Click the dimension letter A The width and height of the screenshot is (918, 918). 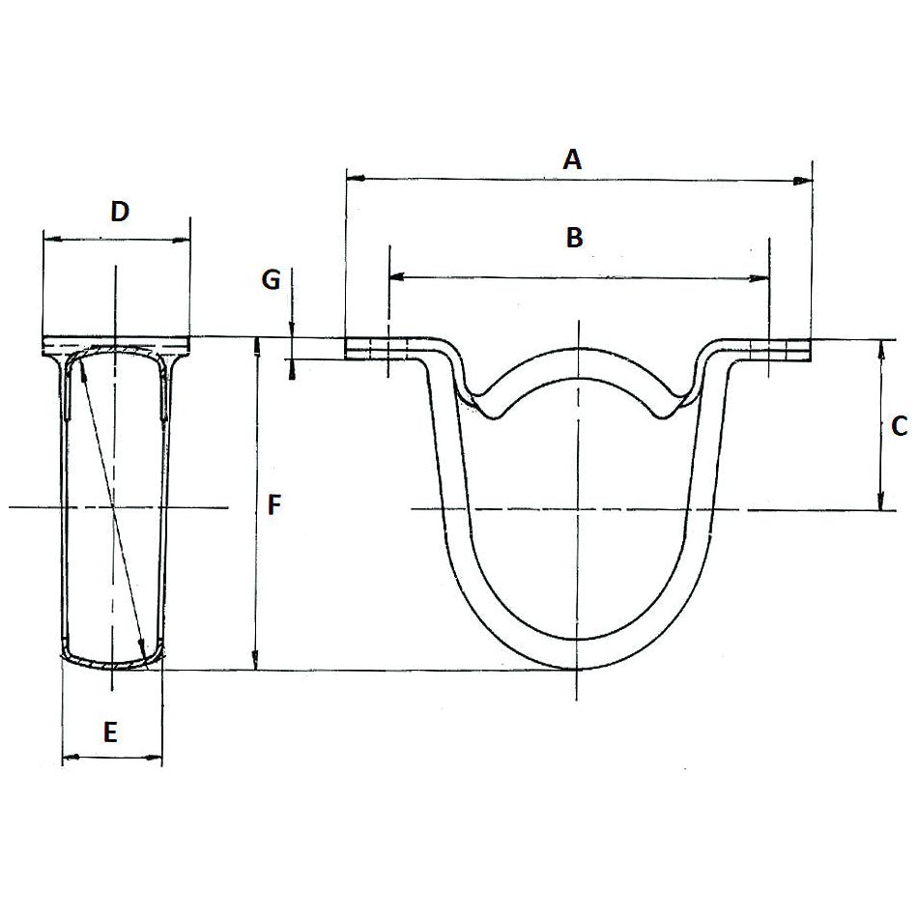(573, 159)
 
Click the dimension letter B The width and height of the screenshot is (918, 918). (574, 238)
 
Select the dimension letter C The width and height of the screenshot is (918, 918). (898, 425)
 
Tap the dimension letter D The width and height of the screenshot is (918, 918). (119, 212)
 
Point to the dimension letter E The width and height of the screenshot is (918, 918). (110, 732)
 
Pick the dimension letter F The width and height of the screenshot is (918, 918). (274, 504)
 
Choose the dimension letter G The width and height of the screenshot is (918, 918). (271, 280)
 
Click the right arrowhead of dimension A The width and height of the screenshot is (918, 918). (803, 181)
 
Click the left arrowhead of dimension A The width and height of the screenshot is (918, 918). (354, 179)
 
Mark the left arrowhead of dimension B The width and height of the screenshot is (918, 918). (395, 277)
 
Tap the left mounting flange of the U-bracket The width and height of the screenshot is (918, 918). (382, 350)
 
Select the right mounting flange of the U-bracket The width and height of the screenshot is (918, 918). (773, 350)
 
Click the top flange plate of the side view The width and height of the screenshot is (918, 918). (116, 345)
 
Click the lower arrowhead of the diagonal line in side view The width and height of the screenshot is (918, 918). (143, 648)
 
